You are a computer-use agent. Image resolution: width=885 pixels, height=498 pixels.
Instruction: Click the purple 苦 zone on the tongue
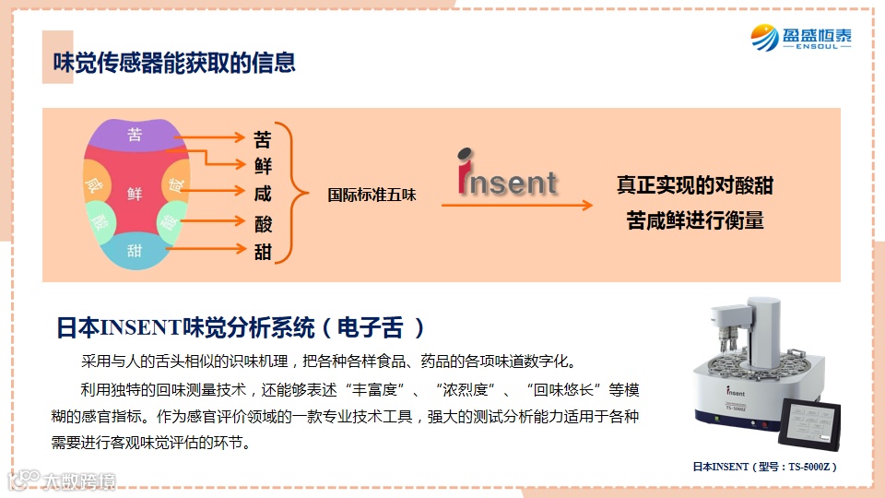[x=135, y=136]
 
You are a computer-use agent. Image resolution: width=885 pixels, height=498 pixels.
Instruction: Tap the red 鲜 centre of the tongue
[x=135, y=193]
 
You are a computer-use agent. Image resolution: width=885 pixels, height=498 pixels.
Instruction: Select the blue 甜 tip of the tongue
[x=135, y=250]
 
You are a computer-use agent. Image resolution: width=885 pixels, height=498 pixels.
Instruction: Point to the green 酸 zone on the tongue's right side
[x=171, y=221]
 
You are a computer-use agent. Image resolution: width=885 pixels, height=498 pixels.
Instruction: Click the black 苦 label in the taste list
[x=263, y=140]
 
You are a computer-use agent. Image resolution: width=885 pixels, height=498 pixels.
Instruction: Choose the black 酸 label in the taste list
[x=263, y=223]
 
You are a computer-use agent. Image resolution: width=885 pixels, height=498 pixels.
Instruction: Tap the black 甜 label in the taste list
[x=263, y=251]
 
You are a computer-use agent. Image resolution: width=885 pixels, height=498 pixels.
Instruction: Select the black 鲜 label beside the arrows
[x=263, y=167]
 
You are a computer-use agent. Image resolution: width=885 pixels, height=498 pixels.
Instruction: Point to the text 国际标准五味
[x=372, y=196]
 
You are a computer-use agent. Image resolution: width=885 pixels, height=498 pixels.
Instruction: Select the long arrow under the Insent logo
[x=516, y=206]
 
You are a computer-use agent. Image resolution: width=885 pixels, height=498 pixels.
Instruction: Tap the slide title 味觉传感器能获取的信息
[x=174, y=63]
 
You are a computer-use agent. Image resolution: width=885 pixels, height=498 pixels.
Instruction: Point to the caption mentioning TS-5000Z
[x=764, y=467]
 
